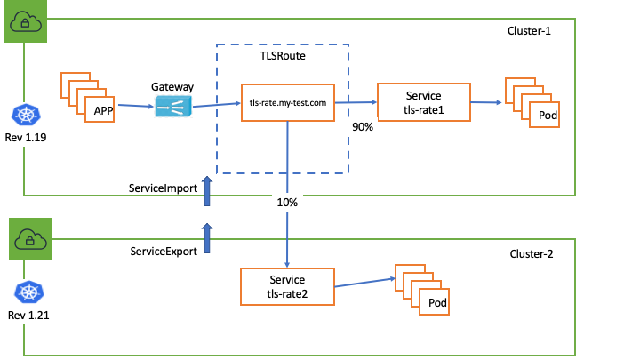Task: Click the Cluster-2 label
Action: coord(531,253)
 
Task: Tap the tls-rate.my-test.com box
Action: coord(287,103)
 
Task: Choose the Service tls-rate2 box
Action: coord(287,286)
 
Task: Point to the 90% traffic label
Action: coord(362,127)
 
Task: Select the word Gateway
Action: coord(172,87)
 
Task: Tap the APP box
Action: coord(102,111)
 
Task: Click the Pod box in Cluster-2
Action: coord(436,303)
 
